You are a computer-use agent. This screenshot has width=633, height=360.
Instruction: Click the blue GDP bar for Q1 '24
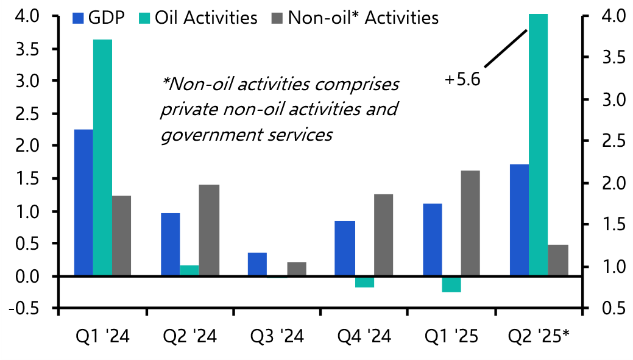pos(83,202)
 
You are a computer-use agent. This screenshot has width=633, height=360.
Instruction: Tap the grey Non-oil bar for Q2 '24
pos(208,230)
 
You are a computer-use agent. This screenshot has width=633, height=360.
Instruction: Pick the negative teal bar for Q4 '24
pos(364,281)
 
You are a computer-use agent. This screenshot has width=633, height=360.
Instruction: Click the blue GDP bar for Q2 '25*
pos(519,220)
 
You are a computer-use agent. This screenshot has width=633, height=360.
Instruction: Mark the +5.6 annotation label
pos(462,80)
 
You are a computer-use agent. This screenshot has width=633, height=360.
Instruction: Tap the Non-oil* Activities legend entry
pos(355,18)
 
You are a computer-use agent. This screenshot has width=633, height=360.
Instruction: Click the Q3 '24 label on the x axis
pos(277,335)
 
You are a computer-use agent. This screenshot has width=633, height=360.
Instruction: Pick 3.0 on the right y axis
pos(604,99)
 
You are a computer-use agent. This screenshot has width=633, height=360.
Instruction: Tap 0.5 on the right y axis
pos(604,309)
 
